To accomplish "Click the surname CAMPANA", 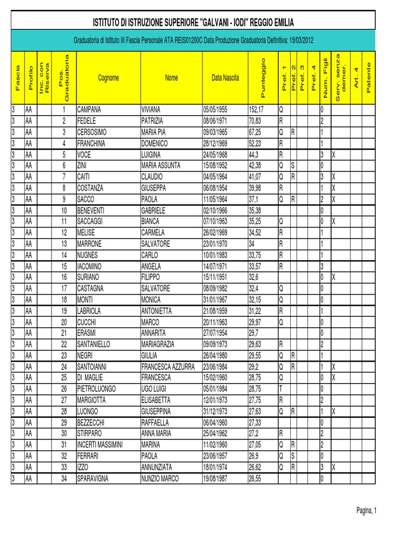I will pyautogui.click(x=89, y=110).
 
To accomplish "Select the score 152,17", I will pyautogui.click(x=256, y=110).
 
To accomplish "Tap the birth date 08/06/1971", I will pyautogui.click(x=216, y=121).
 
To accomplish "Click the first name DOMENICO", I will pyautogui.click(x=155, y=143).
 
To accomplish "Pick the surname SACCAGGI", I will pyautogui.click(x=90, y=221).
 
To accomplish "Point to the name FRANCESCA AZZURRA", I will pyautogui.click(x=167, y=366).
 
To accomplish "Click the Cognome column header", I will pyautogui.click(x=108, y=78).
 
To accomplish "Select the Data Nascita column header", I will pyautogui.click(x=225, y=78).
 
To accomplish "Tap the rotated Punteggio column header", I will pyautogui.click(x=263, y=77).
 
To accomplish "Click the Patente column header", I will pyautogui.click(x=369, y=77).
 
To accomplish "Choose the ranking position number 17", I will pyautogui.click(x=63, y=288).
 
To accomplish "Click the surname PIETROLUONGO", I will pyautogui.click(x=97, y=389).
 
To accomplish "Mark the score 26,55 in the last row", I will pyautogui.click(x=255, y=478).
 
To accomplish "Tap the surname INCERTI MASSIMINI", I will pyautogui.click(x=100, y=444).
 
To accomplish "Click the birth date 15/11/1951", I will pyautogui.click(x=216, y=276).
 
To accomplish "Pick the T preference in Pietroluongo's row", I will pyautogui.click(x=281, y=389).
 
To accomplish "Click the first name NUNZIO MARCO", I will pyautogui.click(x=160, y=478).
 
